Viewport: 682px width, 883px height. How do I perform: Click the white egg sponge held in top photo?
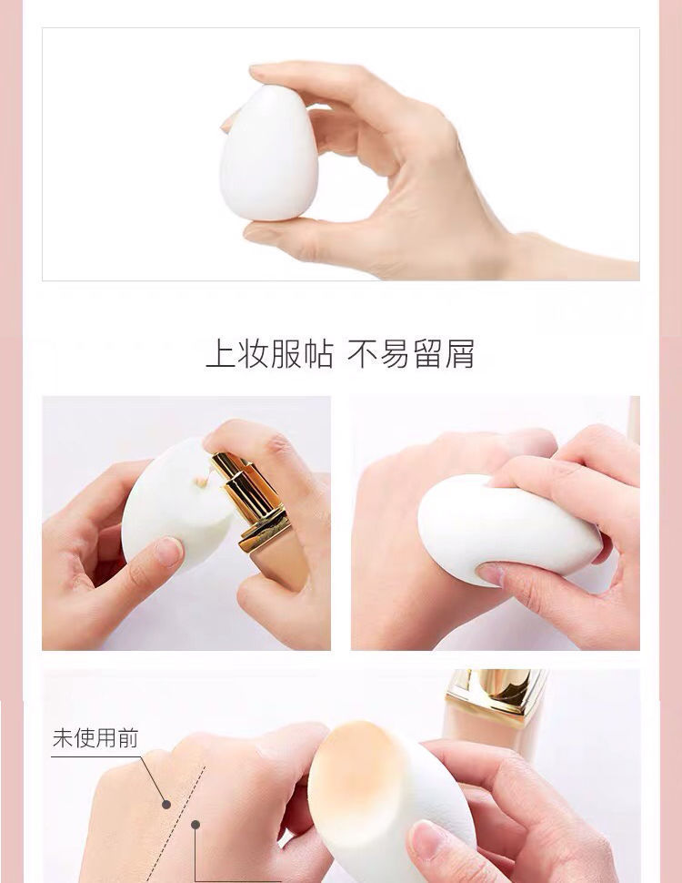(x=268, y=154)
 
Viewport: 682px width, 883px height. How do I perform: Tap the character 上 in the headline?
(x=220, y=354)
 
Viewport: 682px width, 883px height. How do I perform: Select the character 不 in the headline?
(x=362, y=354)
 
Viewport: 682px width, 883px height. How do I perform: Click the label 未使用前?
(x=95, y=737)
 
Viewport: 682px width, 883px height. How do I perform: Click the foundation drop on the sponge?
(x=200, y=482)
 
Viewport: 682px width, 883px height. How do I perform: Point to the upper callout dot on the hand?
(x=166, y=804)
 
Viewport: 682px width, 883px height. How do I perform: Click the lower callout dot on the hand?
(x=196, y=825)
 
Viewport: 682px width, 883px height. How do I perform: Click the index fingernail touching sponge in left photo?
(x=168, y=552)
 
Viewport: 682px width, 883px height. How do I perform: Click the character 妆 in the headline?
(x=253, y=354)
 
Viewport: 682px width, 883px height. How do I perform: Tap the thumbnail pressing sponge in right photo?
(x=491, y=573)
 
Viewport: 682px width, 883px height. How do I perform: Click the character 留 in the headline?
(x=427, y=354)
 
